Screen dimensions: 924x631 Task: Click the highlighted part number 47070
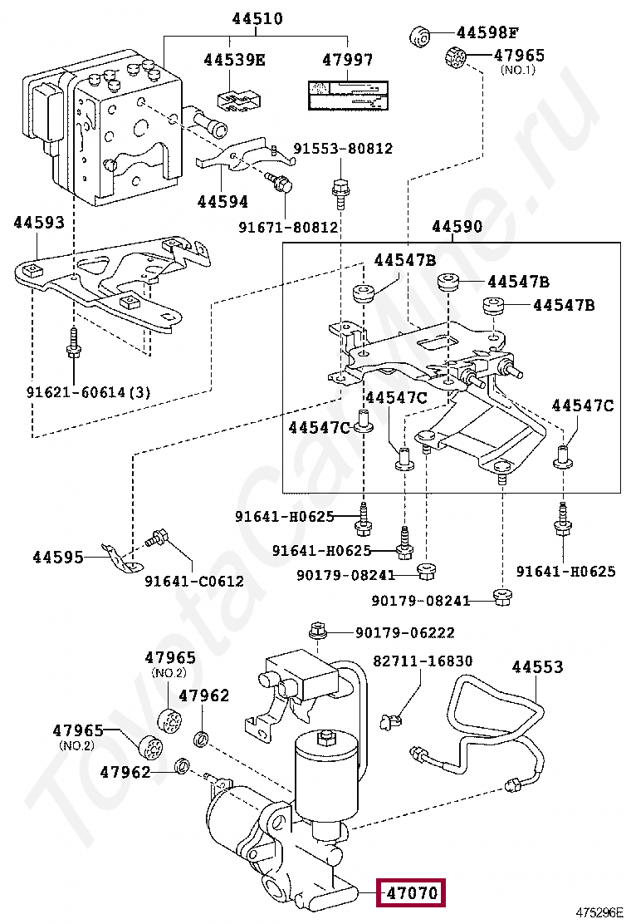click(411, 894)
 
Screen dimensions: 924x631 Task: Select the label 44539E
click(234, 60)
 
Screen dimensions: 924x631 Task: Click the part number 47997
click(347, 60)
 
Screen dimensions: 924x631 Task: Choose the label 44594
click(223, 202)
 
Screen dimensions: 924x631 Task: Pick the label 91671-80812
click(288, 226)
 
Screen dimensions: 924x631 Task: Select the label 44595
click(58, 557)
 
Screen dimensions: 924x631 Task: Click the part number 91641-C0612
click(193, 581)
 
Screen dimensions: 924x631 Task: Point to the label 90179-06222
click(405, 633)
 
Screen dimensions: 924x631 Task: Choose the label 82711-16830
click(423, 661)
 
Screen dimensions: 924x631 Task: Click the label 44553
click(537, 666)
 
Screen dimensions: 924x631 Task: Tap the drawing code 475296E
click(599, 912)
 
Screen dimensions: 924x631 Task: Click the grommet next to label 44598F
click(422, 37)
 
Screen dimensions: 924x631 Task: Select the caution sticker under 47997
click(347, 96)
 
